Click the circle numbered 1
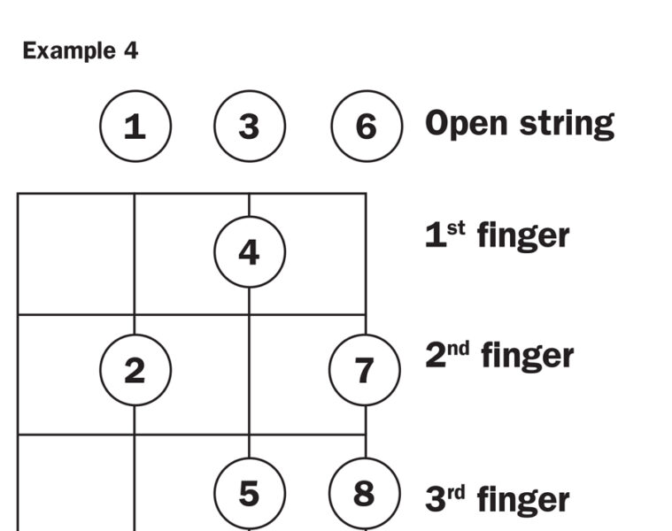135,127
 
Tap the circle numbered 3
249,127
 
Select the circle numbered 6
366,127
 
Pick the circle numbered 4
249,253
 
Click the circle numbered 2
135,371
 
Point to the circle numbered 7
364,371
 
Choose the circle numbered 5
249,493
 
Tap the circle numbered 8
364,493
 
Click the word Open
463,124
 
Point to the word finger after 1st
522,236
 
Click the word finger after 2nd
527,357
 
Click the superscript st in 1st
455,227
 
